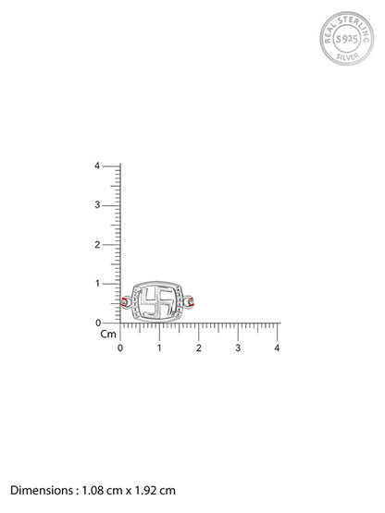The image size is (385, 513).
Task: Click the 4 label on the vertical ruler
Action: coord(97,165)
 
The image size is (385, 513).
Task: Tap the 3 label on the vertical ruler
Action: coord(97,205)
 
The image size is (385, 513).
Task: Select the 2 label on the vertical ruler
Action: coord(97,244)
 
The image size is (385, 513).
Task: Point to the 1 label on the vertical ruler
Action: coord(97,284)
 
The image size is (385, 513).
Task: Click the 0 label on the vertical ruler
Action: coord(98,323)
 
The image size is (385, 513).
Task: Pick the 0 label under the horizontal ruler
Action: coord(120,348)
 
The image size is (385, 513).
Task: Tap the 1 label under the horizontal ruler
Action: coord(159,348)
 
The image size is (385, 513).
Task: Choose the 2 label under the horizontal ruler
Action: coord(199,348)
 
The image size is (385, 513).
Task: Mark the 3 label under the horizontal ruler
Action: coord(238,348)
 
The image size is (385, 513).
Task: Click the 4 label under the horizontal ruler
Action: coord(277,348)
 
